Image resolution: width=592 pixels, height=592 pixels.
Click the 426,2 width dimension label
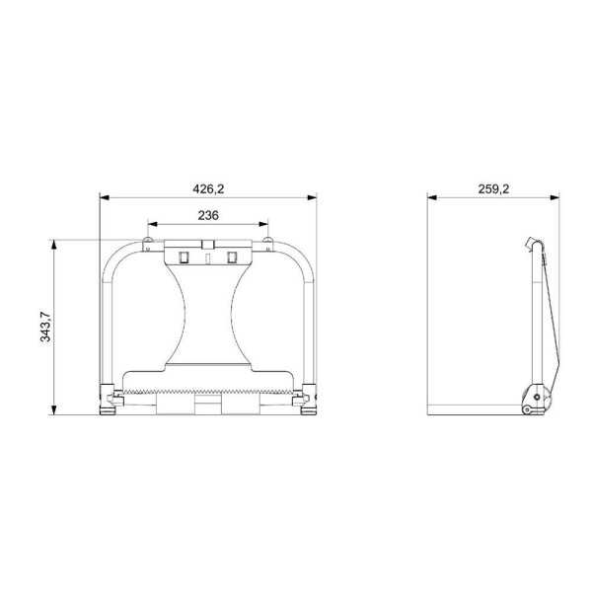click(x=208, y=188)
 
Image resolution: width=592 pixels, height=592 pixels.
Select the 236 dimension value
click(x=208, y=215)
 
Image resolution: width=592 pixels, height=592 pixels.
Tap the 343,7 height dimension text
click(x=45, y=327)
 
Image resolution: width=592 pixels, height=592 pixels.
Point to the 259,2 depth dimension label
click(x=493, y=188)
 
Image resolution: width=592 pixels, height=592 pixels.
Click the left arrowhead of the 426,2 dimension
click(x=105, y=197)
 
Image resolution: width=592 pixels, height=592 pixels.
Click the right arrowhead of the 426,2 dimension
click(x=312, y=197)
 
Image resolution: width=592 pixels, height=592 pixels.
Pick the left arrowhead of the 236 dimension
click(x=152, y=224)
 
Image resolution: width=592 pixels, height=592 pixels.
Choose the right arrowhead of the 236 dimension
click(x=263, y=224)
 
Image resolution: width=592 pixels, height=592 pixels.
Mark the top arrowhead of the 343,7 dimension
click(x=54, y=245)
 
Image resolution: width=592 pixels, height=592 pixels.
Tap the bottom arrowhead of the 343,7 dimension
click(x=54, y=410)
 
